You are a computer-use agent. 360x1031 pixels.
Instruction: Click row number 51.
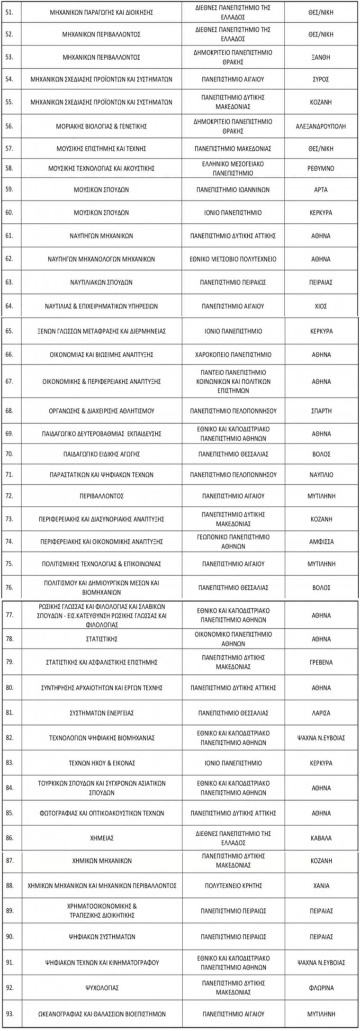tap(9, 12)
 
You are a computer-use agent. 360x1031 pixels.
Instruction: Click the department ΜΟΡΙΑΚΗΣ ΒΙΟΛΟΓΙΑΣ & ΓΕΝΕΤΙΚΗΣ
tap(101, 127)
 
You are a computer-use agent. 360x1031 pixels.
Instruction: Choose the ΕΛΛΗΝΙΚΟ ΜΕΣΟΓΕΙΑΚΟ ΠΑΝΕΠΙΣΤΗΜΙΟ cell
tap(233, 169)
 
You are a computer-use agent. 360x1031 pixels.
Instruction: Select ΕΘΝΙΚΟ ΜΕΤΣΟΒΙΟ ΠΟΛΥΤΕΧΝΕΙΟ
tap(233, 259)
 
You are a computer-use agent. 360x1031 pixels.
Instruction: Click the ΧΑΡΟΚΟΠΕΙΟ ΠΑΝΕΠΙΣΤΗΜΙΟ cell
tap(233, 355)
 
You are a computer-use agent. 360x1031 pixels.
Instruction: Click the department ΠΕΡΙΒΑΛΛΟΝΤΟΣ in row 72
tap(101, 496)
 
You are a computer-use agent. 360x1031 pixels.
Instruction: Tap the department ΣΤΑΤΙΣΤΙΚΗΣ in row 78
tap(101, 639)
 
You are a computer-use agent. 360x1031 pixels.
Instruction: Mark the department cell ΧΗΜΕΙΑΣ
tap(101, 838)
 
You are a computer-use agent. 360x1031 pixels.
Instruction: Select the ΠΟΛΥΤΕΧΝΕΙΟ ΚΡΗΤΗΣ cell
tap(233, 886)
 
